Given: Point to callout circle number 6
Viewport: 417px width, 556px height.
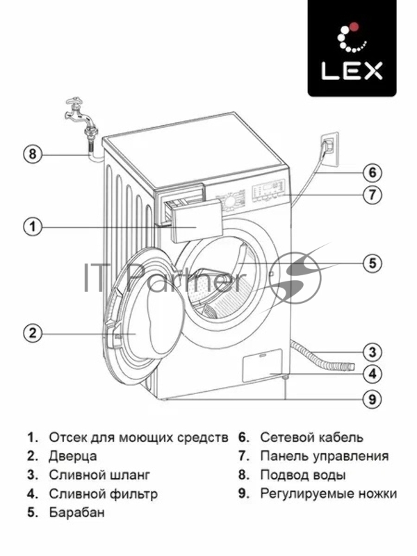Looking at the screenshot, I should click(x=373, y=172).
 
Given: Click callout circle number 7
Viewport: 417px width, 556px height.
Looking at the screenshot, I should click(x=373, y=195).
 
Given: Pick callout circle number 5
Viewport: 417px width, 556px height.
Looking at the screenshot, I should click(x=373, y=263).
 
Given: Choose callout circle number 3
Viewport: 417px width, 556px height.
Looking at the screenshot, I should click(x=373, y=351).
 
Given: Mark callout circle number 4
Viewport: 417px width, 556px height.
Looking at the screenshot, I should click(x=373, y=374).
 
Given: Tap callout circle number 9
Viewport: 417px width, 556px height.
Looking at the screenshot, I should click(x=373, y=399).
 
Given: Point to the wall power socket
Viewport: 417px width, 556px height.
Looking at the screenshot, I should click(x=329, y=147).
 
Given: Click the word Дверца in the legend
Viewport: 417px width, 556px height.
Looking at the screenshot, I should click(x=73, y=457).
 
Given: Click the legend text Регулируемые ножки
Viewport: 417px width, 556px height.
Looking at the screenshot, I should click(x=328, y=494).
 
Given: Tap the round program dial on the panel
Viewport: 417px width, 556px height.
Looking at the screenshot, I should click(x=229, y=202).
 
